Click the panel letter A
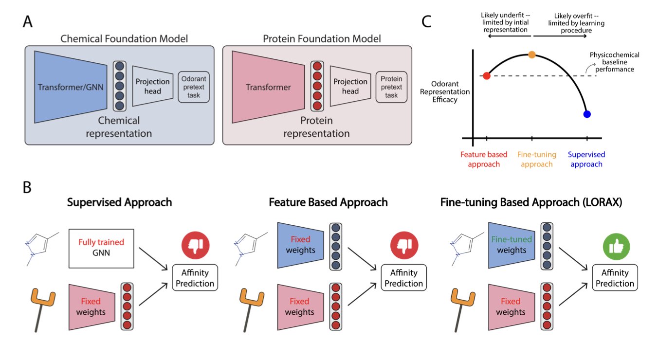[x=28, y=23]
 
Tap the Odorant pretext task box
[x=194, y=87]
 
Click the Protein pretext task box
[x=391, y=87]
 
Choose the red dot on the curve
[x=486, y=76]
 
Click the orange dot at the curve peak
[x=532, y=55]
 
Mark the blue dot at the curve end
[x=587, y=114]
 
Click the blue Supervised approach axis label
[x=586, y=160]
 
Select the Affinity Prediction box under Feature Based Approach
[x=403, y=277]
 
